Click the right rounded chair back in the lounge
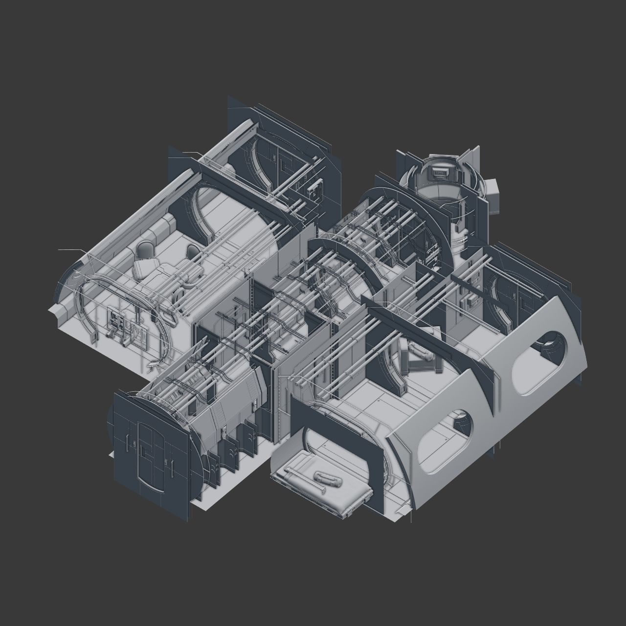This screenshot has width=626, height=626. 193,252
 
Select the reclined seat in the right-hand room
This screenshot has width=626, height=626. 416,357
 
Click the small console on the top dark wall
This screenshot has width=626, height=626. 315,190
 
